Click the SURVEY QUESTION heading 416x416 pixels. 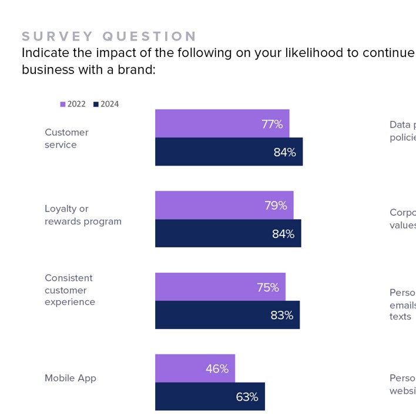coord(109,36)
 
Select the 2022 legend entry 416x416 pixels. coord(73,104)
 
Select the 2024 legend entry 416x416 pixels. coord(106,104)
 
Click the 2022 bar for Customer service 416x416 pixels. coord(222,123)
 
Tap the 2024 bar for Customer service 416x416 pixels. coord(229,152)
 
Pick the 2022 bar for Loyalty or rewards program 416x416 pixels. coord(224,205)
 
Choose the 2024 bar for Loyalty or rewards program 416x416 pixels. coord(228,233)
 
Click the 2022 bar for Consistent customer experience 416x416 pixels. coord(220,287)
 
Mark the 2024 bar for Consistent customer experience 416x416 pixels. coord(227,315)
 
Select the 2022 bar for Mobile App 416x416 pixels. coord(194,368)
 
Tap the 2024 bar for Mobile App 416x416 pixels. coord(210,397)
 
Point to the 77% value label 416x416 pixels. coord(272,124)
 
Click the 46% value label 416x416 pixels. coord(217,369)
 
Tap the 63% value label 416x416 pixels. coord(247,397)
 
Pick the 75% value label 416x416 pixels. coord(267,287)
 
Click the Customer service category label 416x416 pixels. coord(66,139)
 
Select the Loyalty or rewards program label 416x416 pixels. coord(83,215)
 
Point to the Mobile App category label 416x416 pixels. coord(70,378)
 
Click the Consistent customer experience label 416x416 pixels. coord(69,290)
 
